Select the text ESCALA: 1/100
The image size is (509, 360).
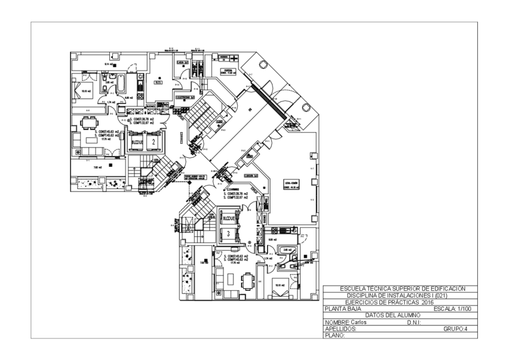pyautogui.click(x=453, y=309)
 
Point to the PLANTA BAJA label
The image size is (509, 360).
pyautogui.click(x=343, y=309)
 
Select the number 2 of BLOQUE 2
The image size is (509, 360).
pyautogui.click(x=154, y=142)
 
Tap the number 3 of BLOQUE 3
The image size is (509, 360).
pyautogui.click(x=228, y=232)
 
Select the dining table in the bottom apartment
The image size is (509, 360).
pyautogui.click(x=247, y=280)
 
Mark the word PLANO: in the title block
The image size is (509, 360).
pyautogui.click(x=334, y=335)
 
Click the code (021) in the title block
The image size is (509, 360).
pyautogui.click(x=437, y=295)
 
